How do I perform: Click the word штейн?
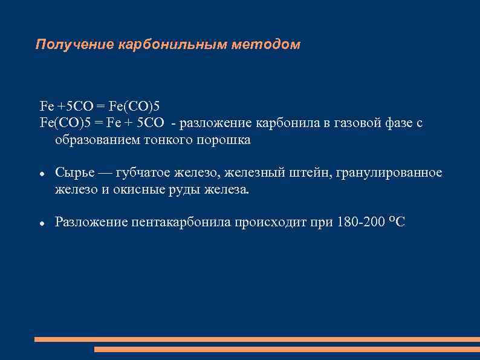pos(309,173)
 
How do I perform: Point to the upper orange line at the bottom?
pos(257,339)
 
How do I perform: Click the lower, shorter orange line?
pos(287,349)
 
